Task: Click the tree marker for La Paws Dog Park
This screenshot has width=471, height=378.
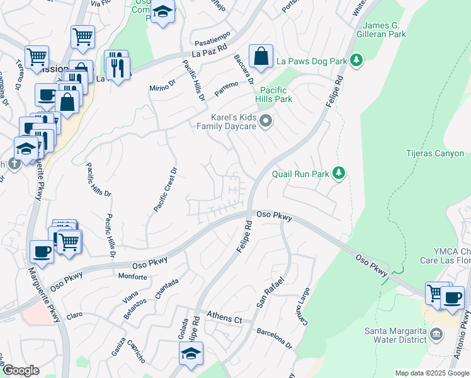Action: click(x=357, y=60)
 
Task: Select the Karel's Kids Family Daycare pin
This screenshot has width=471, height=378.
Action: click(x=266, y=121)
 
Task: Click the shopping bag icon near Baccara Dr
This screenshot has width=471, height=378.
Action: click(x=261, y=57)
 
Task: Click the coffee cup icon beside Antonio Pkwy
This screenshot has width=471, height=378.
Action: click(x=452, y=297)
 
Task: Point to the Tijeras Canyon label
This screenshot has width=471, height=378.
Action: click(x=435, y=154)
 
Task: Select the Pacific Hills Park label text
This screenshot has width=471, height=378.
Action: click(x=274, y=94)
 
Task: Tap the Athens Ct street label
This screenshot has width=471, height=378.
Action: click(x=225, y=320)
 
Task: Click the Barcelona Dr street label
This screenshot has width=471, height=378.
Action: click(x=275, y=338)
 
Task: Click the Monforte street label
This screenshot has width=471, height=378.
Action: click(x=132, y=277)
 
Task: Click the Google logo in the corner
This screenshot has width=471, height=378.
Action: click(x=21, y=370)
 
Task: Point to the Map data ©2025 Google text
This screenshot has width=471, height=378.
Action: click(x=432, y=373)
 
